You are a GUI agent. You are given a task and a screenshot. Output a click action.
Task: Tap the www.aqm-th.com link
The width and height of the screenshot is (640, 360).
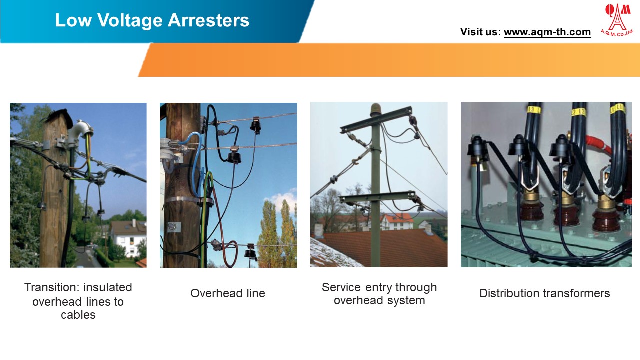547,32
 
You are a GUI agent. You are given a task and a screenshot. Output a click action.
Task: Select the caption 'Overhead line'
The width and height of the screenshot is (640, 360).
228,293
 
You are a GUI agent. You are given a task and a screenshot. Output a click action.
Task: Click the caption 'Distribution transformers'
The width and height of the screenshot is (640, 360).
544,293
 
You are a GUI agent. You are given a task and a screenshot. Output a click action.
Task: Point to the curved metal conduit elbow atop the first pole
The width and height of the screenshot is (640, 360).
80,130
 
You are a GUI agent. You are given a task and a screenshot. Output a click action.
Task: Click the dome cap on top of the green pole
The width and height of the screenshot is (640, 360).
375,108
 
